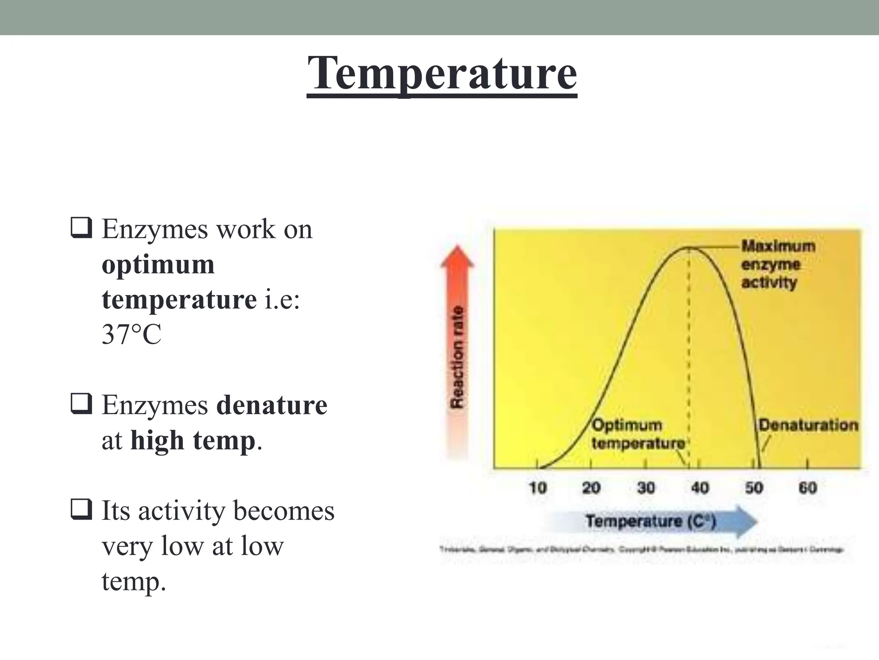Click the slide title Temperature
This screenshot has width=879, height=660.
[442, 73]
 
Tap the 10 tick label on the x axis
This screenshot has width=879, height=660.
[537, 488]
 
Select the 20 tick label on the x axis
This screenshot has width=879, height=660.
[591, 488]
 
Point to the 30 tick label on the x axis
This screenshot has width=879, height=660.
[646, 488]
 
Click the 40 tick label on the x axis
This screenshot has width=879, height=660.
[700, 488]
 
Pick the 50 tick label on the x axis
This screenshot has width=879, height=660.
[754, 488]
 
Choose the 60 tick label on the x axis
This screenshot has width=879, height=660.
[807, 488]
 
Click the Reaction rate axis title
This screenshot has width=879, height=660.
[458, 357]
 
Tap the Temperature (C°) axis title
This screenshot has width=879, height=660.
[651, 521]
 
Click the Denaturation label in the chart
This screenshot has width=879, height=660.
[808, 425]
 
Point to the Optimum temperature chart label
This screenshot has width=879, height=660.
[637, 434]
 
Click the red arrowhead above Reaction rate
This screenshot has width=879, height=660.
[458, 257]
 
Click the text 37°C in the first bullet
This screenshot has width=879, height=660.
[131, 334]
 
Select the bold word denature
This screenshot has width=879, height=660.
[272, 405]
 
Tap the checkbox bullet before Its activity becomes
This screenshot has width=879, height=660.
[81, 509]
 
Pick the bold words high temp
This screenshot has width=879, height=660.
[193, 440]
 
